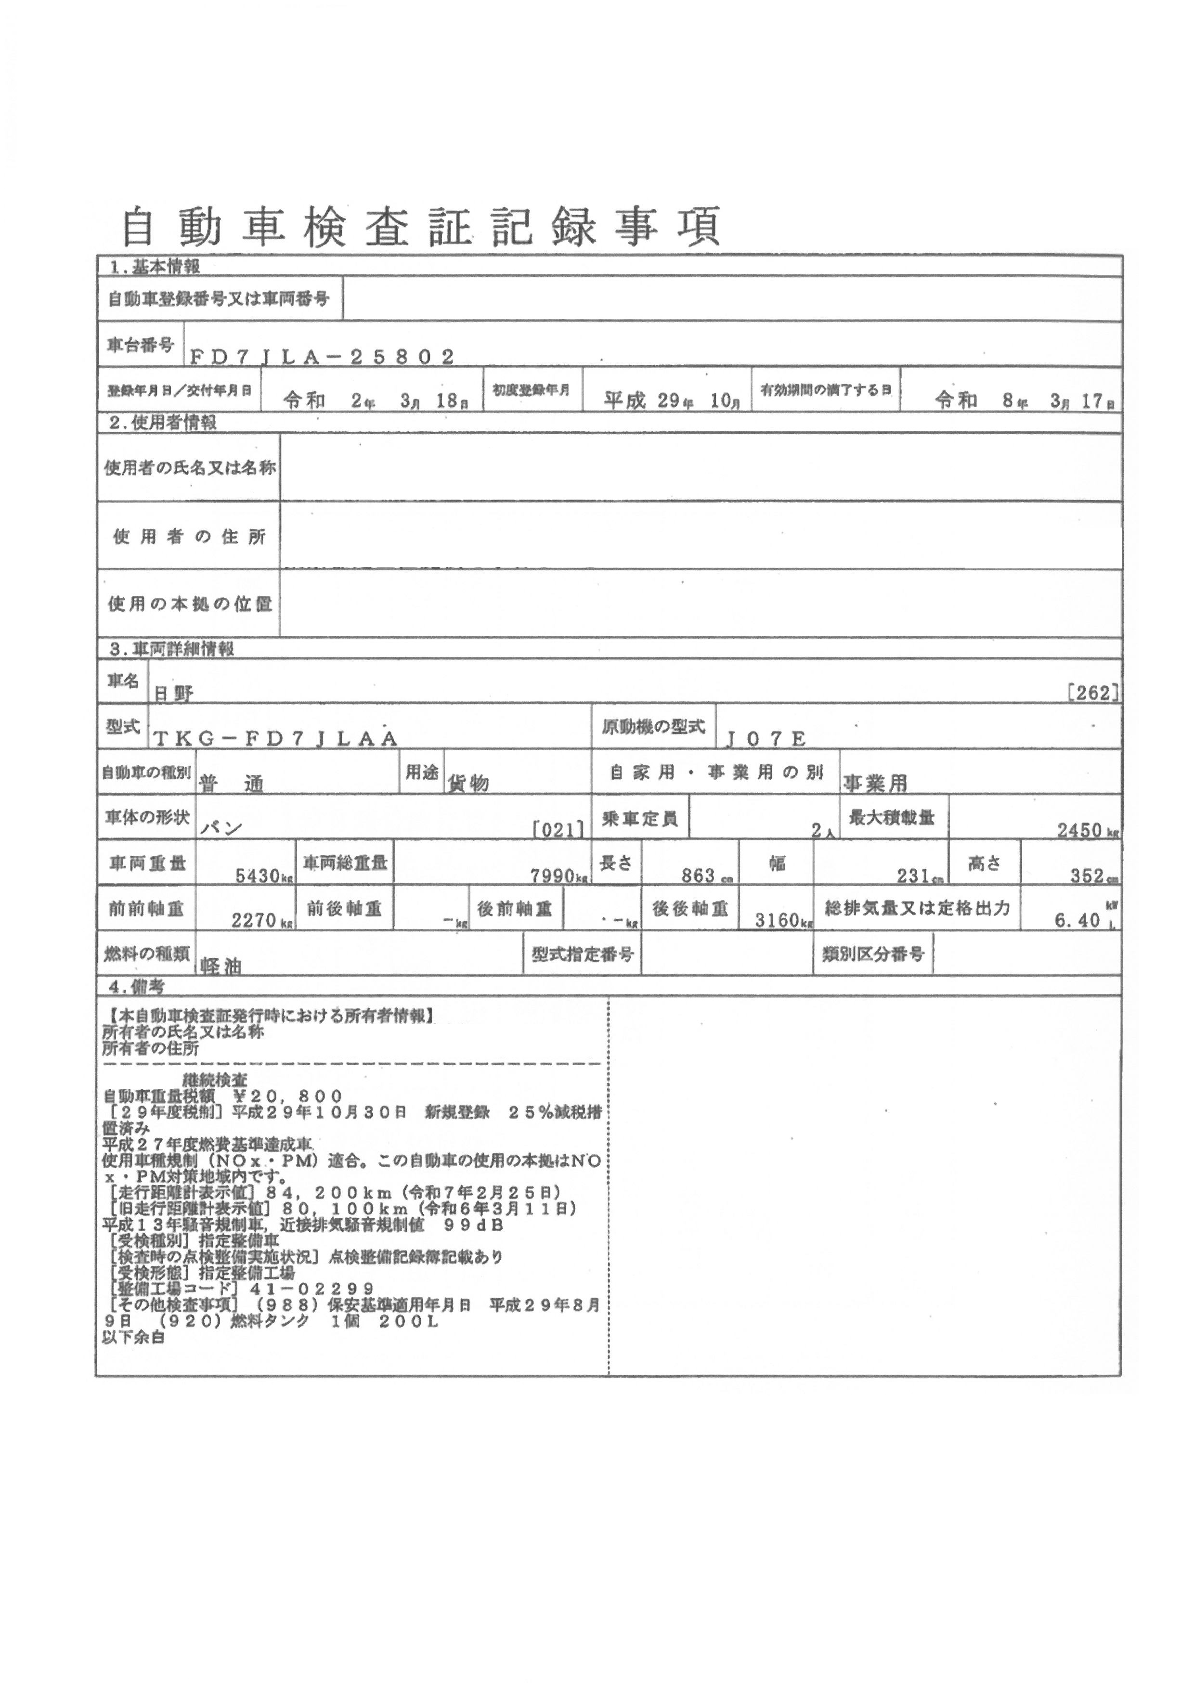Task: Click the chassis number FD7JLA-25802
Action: [x=322, y=357]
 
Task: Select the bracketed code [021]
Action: [x=560, y=829]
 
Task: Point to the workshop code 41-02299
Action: [x=312, y=1289]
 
